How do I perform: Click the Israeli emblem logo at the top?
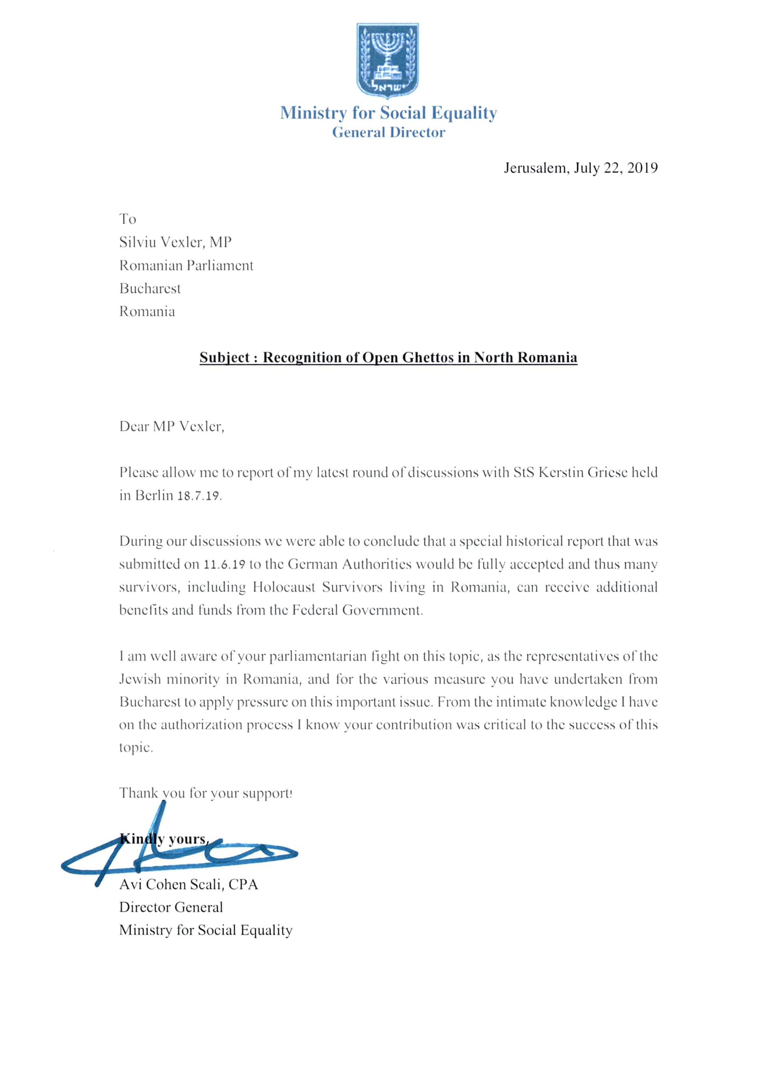pyautogui.click(x=388, y=60)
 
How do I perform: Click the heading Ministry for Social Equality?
pyautogui.click(x=388, y=113)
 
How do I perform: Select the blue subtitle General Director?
pyautogui.click(x=388, y=132)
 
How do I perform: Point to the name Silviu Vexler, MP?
pyautogui.click(x=175, y=242)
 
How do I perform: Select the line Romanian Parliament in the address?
pyautogui.click(x=186, y=265)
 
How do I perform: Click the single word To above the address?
pyautogui.click(x=128, y=219)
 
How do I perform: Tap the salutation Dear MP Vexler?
pyautogui.click(x=172, y=426)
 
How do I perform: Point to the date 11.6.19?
pyautogui.click(x=224, y=565)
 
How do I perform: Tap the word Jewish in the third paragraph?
pyautogui.click(x=139, y=679)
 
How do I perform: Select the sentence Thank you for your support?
pyautogui.click(x=205, y=793)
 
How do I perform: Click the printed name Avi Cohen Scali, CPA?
pyautogui.click(x=189, y=885)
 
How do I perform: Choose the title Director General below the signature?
pyautogui.click(x=171, y=907)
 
